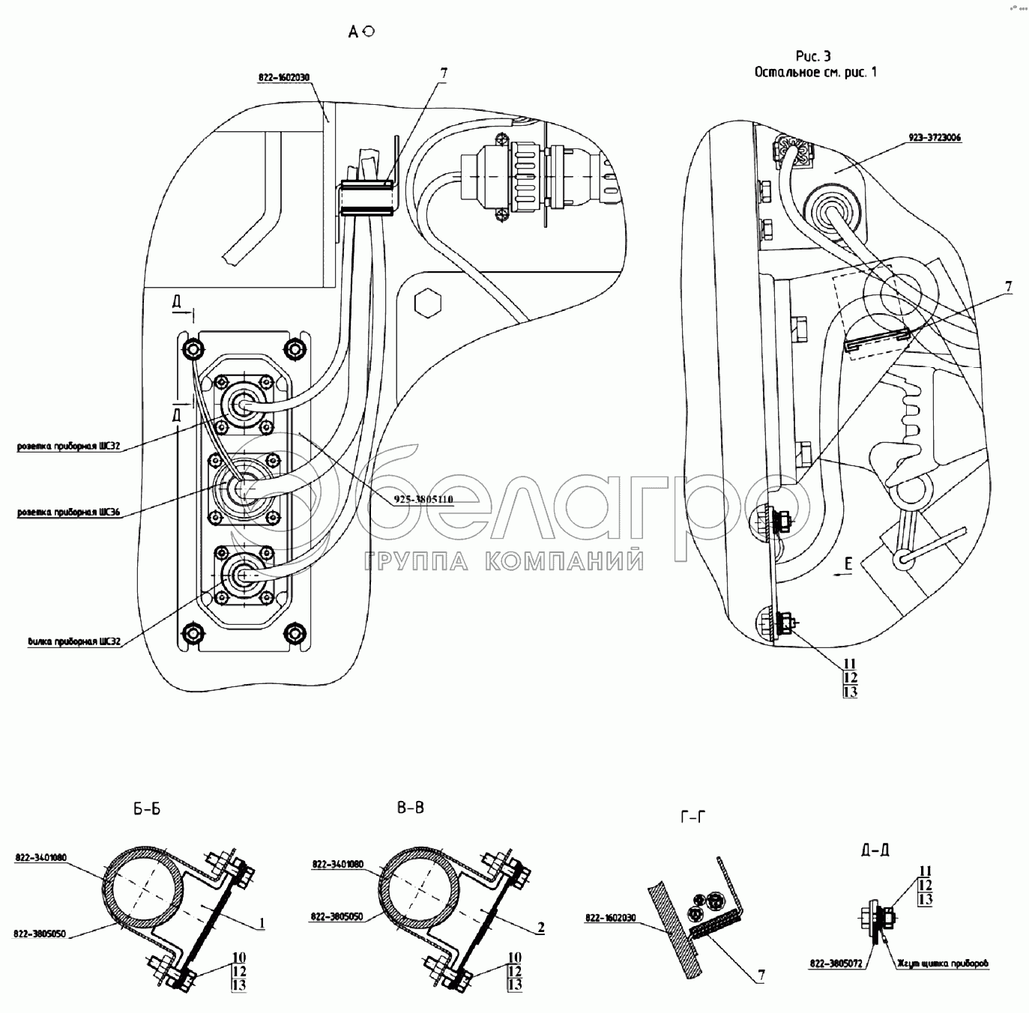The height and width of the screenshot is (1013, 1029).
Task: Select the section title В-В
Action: point(411,808)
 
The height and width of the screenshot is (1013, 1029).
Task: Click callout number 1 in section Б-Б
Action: point(262,923)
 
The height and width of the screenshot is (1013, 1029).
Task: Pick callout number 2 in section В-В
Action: point(540,928)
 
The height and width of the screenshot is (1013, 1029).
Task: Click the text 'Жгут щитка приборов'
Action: point(940,965)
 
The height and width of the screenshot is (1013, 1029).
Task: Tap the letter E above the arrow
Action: point(848,566)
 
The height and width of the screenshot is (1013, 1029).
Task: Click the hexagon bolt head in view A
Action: point(428,302)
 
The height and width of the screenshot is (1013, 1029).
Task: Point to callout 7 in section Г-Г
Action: point(761,975)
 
